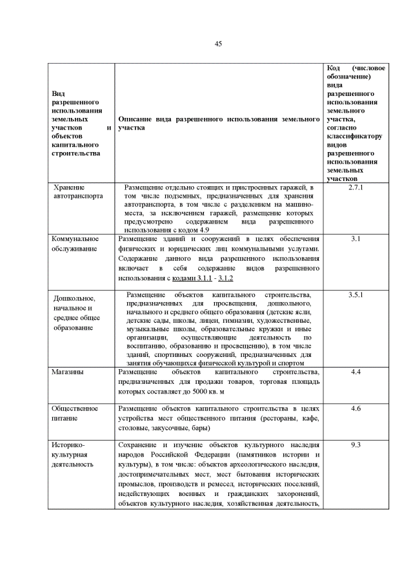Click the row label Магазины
point(68,372)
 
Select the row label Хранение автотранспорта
point(78,192)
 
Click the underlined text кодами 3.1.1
point(193,278)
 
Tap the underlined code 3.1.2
point(226,278)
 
